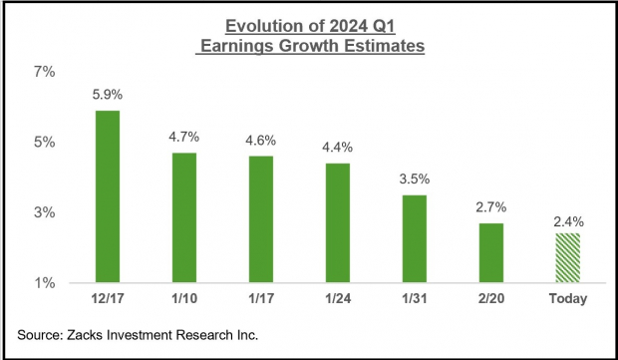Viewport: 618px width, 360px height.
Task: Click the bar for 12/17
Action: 107,196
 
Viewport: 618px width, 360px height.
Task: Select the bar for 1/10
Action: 182,217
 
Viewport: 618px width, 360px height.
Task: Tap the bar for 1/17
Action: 259,219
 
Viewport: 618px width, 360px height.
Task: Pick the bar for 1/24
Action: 337,222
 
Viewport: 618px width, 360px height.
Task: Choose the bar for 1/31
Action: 414,238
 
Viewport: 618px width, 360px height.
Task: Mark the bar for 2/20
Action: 489,253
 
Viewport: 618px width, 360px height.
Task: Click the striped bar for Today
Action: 566,258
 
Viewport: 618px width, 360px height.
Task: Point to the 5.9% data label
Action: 107,96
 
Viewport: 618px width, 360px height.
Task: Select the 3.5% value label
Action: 414,180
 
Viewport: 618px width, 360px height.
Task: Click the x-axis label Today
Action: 566,299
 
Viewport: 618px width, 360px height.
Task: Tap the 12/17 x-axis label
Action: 107,299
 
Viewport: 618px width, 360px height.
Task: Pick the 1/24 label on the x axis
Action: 337,299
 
